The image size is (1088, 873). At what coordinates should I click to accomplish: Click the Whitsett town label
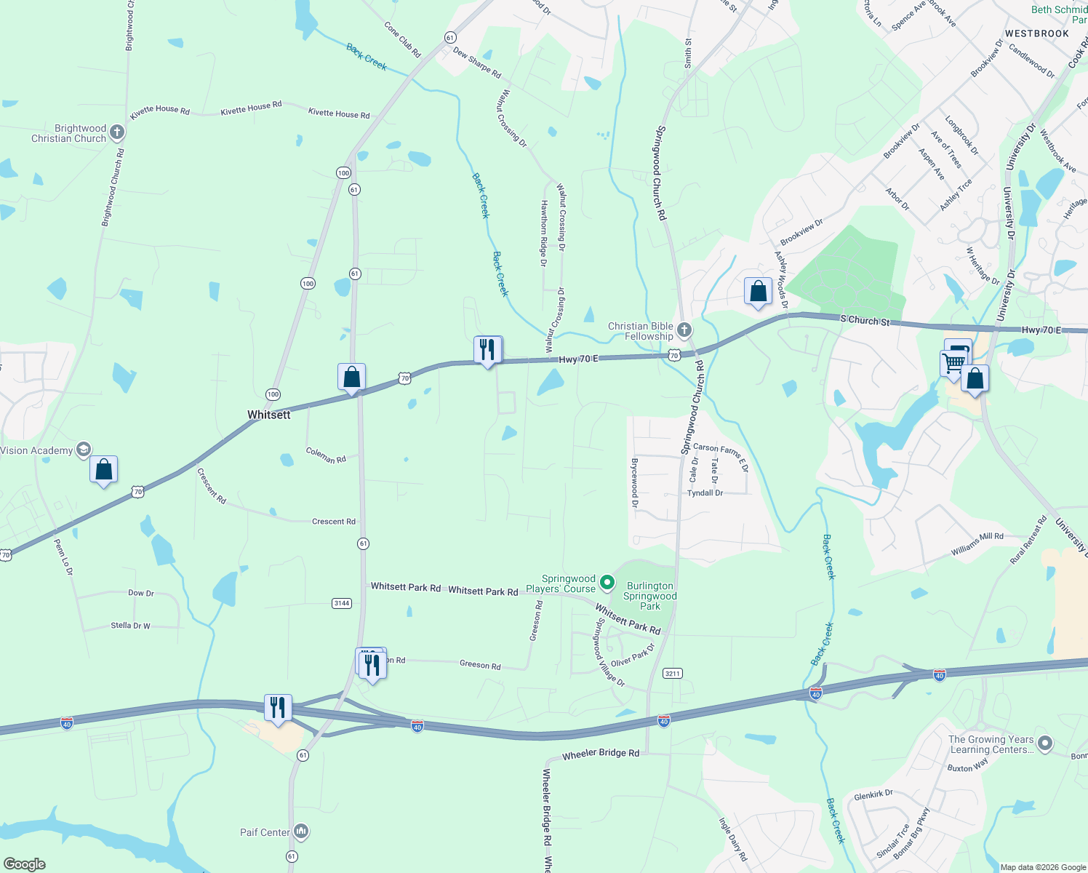(x=268, y=415)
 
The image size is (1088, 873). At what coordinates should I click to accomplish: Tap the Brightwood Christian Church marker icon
(x=117, y=132)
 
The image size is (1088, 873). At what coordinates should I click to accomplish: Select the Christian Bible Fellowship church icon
(x=684, y=331)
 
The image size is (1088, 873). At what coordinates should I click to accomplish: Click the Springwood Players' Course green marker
(x=607, y=583)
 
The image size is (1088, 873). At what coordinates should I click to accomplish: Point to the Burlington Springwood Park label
(x=650, y=596)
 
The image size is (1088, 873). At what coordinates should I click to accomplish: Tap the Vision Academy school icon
(x=84, y=450)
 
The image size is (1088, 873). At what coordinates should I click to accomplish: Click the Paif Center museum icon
(x=301, y=832)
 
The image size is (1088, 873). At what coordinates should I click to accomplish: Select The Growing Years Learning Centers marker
(x=1045, y=744)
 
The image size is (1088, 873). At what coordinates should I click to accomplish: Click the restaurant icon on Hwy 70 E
(x=487, y=350)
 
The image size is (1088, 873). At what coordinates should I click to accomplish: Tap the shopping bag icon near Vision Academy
(x=104, y=470)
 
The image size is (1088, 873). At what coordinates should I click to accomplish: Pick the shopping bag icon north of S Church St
(x=758, y=292)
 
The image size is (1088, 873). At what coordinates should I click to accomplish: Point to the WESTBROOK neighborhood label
(x=1036, y=33)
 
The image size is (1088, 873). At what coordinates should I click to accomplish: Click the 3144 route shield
(x=342, y=603)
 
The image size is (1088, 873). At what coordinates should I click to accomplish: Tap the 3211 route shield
(x=673, y=674)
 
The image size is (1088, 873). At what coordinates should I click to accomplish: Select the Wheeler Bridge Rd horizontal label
(x=601, y=754)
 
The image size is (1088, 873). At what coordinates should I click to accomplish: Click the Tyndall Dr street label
(x=705, y=493)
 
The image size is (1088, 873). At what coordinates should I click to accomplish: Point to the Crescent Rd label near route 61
(x=334, y=522)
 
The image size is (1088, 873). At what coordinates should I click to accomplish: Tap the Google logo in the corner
(x=25, y=864)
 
